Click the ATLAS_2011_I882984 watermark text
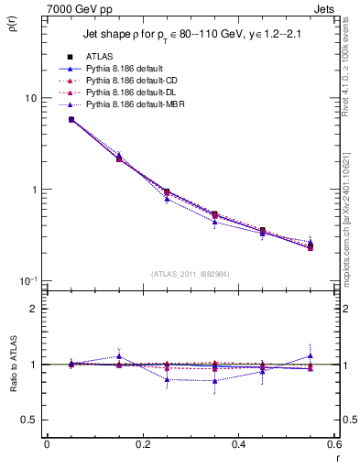191,274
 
